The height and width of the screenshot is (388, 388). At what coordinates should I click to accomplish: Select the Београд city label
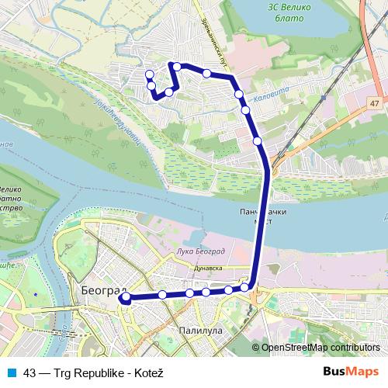pos(98,289)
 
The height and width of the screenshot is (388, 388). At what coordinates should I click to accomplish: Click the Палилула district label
pos(200,330)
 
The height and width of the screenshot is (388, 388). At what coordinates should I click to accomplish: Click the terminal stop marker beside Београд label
pos(126,297)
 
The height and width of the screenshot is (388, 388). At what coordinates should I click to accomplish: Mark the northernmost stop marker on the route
pos(178,66)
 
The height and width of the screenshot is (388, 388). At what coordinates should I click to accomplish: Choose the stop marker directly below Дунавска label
pos(206,292)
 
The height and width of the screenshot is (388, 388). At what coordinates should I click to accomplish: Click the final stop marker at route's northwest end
pos(149,74)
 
